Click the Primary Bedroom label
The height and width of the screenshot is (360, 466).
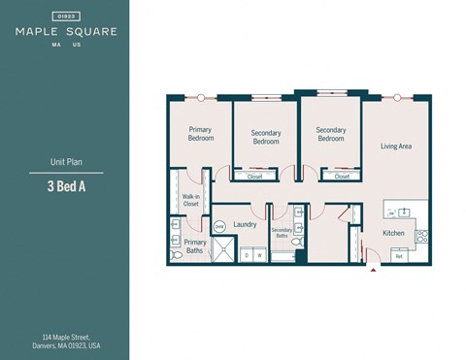tap(200, 134)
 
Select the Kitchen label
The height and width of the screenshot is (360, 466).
tap(393, 233)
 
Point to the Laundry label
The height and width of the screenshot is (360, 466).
tap(245, 224)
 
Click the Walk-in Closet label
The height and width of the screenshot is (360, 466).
tap(190, 200)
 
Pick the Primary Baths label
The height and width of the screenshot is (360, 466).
tap(195, 246)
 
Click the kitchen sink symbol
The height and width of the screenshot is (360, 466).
tap(406, 212)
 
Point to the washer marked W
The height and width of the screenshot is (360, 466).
tap(259, 255)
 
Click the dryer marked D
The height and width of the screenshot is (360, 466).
tap(247, 255)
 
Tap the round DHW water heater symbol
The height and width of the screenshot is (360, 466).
tap(219, 226)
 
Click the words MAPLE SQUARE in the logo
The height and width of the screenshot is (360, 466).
tap(66, 31)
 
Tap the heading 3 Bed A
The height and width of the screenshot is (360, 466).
tap(66, 186)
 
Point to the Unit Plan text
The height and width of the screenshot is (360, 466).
tap(66, 162)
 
